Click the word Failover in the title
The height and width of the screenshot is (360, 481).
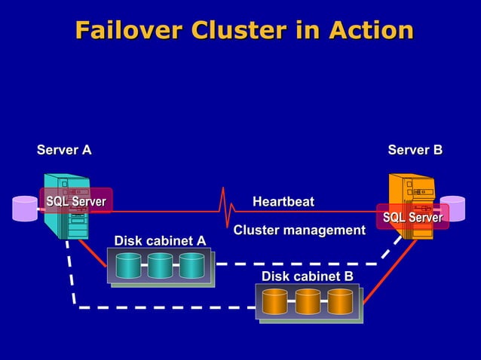click(128, 30)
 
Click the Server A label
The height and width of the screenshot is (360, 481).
click(64, 150)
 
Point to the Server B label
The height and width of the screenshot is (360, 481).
click(415, 150)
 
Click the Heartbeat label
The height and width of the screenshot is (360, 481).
click(283, 201)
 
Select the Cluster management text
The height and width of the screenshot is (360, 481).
click(299, 230)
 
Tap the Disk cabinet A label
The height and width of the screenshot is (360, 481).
click(159, 240)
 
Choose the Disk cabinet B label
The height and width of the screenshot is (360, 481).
click(307, 276)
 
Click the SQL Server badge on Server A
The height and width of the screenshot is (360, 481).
click(76, 201)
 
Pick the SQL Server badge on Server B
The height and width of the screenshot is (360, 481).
click(412, 218)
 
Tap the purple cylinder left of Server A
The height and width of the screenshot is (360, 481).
click(25, 209)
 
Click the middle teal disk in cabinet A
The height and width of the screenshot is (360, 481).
click(160, 265)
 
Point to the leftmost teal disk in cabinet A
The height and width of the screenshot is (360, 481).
click(128, 265)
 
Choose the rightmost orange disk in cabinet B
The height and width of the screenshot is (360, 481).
click(340, 301)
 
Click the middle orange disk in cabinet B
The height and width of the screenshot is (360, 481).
click(308, 301)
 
